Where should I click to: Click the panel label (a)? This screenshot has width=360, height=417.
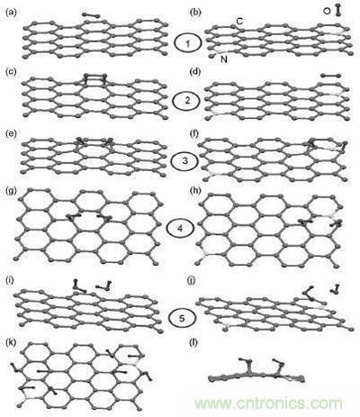10,13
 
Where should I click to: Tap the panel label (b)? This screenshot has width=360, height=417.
195,13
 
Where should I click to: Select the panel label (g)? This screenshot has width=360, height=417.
10,191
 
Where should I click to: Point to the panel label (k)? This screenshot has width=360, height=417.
10,342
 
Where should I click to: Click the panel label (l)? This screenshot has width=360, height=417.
194,342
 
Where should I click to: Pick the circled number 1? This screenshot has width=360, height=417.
188,44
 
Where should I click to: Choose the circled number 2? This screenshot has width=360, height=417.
187,101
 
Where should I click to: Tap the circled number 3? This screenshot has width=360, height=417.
184,160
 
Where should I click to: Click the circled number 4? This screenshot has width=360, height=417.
180,229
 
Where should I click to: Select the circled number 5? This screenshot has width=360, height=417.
182,319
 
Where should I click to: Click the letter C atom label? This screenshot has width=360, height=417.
239,22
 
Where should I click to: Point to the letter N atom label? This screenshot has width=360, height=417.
224,59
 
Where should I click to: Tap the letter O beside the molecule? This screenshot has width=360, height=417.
327,11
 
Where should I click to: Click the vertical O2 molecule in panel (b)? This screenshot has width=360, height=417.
338,10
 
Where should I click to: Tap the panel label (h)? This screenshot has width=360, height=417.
195,191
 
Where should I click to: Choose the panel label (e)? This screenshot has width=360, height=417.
10,134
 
